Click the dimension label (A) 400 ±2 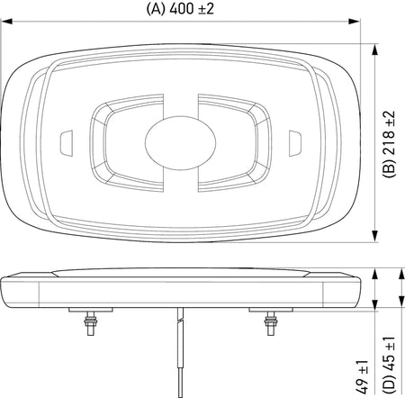coord(184,10)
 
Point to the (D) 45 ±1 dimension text coord(390,359)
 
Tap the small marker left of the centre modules coord(65,141)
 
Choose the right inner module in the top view coord(232,140)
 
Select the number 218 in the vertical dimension coord(390,134)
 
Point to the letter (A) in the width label coord(155,10)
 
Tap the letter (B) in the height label coord(390,168)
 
